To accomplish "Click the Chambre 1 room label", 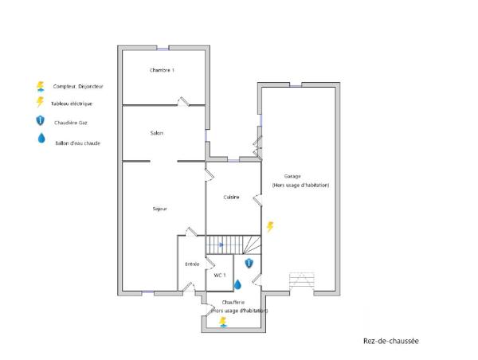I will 162,71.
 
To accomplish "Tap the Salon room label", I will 157,133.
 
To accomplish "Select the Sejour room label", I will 159,209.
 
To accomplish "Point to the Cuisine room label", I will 232,197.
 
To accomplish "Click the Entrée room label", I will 192,264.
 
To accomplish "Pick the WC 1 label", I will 219,275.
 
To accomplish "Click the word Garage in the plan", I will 292,177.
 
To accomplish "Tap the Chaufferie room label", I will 233,303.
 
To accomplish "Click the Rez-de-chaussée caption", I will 390,340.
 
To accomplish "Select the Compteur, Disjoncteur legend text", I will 78,86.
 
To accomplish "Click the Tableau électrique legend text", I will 72,104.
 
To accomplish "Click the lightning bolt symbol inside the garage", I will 270,227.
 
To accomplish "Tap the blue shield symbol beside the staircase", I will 249,263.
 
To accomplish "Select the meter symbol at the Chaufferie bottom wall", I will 223,322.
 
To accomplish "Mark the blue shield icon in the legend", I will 39,121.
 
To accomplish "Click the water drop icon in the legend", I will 39,139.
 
